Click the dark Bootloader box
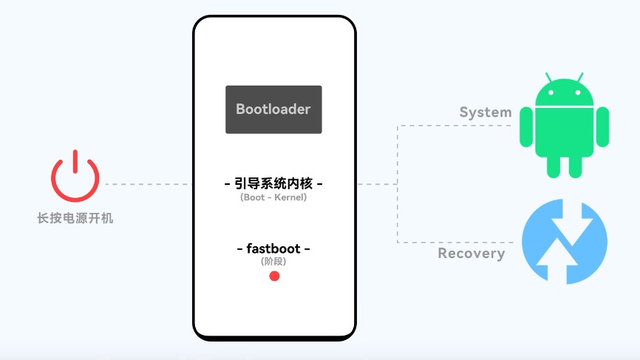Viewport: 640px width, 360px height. coord(273,109)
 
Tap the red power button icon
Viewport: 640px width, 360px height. coord(75,177)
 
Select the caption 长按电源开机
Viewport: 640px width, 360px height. coord(75,218)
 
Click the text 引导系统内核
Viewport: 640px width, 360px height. coord(273,183)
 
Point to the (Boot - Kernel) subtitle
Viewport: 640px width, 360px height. coord(273,197)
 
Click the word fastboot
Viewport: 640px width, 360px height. coord(273,248)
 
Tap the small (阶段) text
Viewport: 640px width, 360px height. coord(273,262)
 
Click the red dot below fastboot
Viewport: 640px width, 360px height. coord(274,276)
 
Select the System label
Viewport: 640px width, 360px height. coord(486,112)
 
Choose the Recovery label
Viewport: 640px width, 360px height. coord(472,254)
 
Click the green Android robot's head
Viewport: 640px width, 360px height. coord(564,93)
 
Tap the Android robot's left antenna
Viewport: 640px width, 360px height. coord(548,77)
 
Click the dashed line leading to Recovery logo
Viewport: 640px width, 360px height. coord(455,242)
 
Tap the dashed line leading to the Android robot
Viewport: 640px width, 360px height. coord(455,126)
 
